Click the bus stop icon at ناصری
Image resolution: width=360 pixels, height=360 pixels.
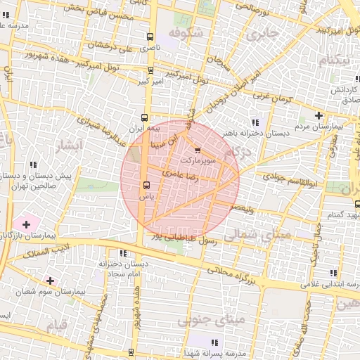[x=150, y=37]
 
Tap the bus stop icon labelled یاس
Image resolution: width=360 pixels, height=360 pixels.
[x=146, y=186]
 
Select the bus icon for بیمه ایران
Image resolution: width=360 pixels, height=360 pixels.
[x=145, y=118]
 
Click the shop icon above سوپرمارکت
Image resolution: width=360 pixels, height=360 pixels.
[x=197, y=150]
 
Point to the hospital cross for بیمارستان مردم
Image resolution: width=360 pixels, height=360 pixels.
[x=319, y=115]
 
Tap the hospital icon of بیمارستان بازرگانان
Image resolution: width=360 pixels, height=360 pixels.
[x=26, y=224]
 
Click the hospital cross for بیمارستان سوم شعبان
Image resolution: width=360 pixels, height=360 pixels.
[x=49, y=281]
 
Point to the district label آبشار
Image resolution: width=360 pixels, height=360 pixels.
[x=67, y=145]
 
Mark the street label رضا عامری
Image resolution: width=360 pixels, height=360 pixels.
[x=180, y=173]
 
